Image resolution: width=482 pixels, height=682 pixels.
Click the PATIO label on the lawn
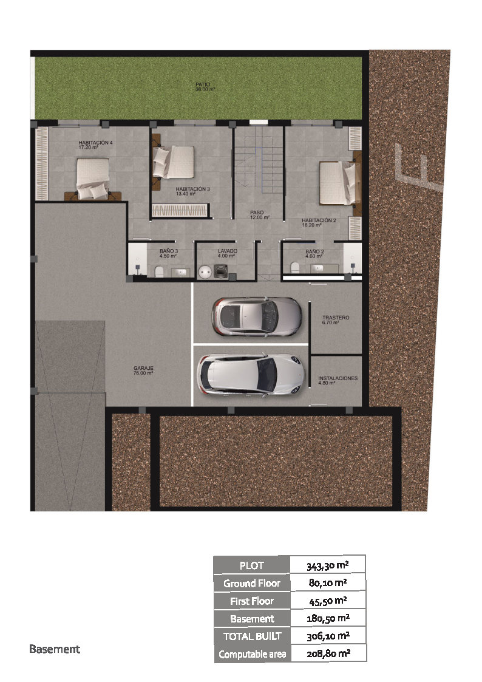205,87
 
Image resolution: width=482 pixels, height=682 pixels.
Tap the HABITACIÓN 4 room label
96,145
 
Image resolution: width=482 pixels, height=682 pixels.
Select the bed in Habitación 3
174,162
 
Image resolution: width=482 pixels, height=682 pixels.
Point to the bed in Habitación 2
338,183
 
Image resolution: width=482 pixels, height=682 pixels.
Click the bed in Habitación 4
92,179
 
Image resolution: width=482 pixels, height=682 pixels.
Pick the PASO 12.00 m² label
259,215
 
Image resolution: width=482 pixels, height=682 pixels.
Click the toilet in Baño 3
159,272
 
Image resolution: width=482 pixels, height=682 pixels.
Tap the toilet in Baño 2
295,267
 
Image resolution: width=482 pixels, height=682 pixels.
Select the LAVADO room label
227,253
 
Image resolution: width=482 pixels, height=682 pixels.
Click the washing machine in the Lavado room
220,271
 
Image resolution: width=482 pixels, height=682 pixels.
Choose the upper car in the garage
256,316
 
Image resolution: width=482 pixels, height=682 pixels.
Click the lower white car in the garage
251,375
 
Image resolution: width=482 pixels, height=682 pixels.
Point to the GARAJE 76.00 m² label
143,370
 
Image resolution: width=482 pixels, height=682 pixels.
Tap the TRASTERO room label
336,320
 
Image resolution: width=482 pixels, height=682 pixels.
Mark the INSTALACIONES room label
338,381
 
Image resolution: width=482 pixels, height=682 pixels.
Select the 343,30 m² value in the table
328,565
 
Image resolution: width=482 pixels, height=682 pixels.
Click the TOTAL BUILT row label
252,636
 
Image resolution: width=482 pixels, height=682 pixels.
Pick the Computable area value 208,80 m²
328,653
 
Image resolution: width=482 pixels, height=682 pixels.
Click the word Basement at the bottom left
55,649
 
